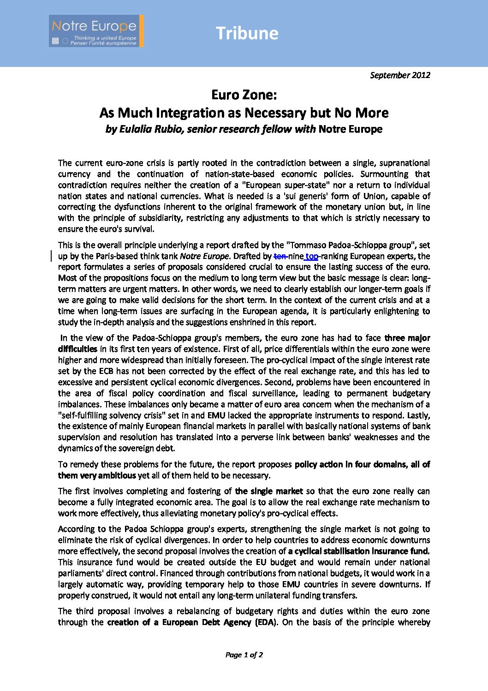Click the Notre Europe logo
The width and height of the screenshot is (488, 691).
(96, 31)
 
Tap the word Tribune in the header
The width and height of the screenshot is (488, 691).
(247, 33)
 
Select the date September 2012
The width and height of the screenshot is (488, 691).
(400, 75)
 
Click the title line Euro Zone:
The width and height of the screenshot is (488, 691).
(244, 95)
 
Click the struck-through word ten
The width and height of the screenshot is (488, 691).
(280, 256)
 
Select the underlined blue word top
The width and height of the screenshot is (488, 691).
(312, 256)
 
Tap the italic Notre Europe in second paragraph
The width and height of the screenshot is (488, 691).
(204, 256)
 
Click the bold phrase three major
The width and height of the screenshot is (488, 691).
(407, 338)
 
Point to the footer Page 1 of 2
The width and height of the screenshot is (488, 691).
(244, 655)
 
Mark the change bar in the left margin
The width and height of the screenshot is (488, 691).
(51, 256)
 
